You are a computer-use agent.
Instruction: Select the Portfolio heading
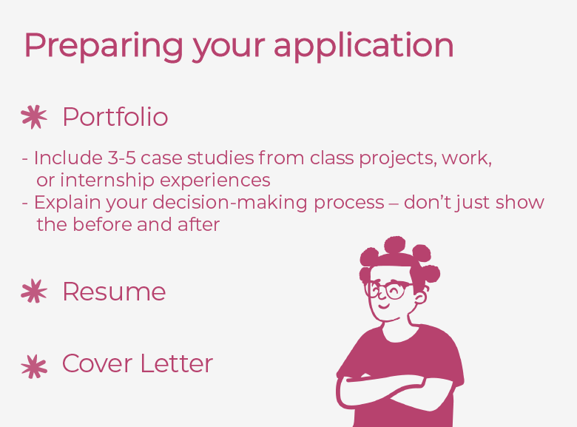click(x=115, y=117)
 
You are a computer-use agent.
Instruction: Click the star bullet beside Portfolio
click(x=34, y=117)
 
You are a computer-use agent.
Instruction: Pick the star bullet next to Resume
click(x=34, y=292)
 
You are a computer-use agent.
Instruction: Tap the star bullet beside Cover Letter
click(x=34, y=365)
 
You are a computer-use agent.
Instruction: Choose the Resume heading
click(x=114, y=292)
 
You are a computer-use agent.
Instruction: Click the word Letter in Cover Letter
click(x=178, y=363)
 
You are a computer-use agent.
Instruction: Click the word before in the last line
click(x=103, y=224)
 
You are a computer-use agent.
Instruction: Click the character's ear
click(x=421, y=298)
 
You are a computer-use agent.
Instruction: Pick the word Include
click(x=63, y=158)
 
